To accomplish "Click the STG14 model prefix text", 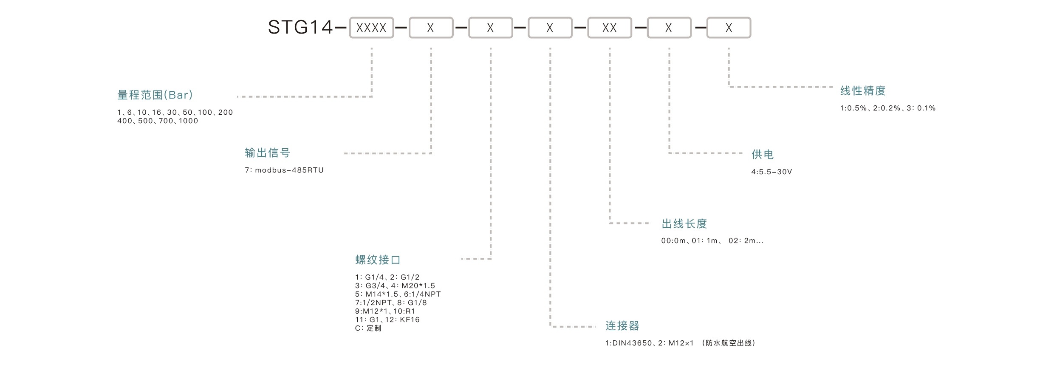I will pos(300,28).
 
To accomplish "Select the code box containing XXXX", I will pos(371,28).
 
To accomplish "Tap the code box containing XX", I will pos(609,28).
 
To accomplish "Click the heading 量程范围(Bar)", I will pos(155,95).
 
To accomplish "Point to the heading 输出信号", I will pos(267,153).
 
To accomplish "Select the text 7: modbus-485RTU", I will pos(284,170).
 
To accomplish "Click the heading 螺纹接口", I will pos(378,260).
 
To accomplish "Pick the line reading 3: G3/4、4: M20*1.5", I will pos(395,286).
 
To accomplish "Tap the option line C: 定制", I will pos(368,328).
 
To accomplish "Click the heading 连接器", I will pos(622,326).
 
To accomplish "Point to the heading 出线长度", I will pos(684,224).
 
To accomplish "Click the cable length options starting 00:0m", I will pos(712,241).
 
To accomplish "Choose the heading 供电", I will pos(763,154).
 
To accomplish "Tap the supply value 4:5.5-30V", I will pos(771,172).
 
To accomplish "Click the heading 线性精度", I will pos(862,91).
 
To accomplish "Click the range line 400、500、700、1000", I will pos(158,121).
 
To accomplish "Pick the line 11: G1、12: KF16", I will pos(387,320).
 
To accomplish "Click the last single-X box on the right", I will pos(728,28).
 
